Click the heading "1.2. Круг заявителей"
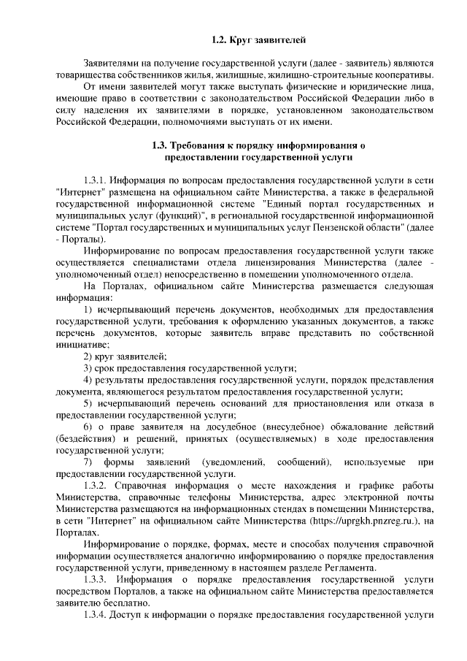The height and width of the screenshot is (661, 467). [x=253, y=36]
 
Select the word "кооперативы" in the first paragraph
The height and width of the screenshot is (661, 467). [x=406, y=75]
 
